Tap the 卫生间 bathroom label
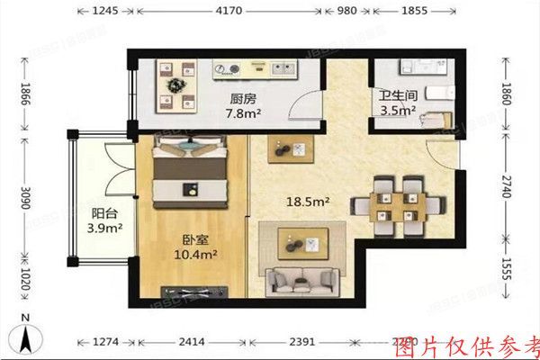[x=396, y=94]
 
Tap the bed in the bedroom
[x=190, y=171]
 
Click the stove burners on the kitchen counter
[x=226, y=68]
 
